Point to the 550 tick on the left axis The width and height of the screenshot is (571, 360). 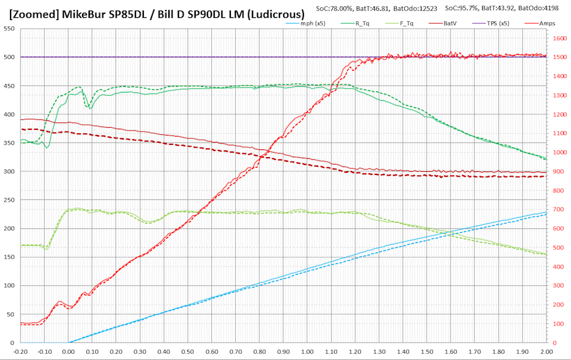[9, 28]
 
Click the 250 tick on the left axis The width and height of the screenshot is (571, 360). [9, 200]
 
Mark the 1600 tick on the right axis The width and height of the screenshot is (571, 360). [559, 38]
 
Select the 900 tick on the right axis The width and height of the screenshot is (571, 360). [558, 172]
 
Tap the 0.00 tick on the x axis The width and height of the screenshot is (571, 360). [68, 352]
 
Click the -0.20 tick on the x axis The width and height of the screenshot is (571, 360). [20, 352]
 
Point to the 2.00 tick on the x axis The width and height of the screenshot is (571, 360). [546, 352]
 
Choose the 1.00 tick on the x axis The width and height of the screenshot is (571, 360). [307, 352]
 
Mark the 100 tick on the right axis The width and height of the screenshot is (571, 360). [558, 324]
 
